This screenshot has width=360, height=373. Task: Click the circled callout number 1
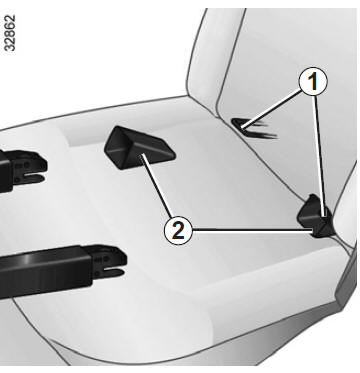pyautogui.click(x=313, y=82)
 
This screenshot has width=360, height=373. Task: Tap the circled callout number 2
pyautogui.click(x=178, y=230)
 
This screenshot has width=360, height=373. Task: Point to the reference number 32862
pyautogui.click(x=10, y=33)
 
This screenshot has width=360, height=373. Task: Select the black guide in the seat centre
pyautogui.click(x=140, y=147)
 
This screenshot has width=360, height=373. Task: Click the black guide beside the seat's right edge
pyautogui.click(x=315, y=216)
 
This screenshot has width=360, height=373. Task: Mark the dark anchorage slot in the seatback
pyautogui.click(x=254, y=128)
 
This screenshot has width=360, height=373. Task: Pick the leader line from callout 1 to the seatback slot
pyautogui.click(x=272, y=109)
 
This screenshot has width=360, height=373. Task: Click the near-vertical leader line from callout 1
pyautogui.click(x=319, y=156)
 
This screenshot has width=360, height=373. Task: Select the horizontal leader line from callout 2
pyautogui.click(x=253, y=230)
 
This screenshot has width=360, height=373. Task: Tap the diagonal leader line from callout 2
pyautogui.click(x=157, y=186)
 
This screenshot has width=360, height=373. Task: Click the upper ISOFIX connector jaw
pyautogui.click(x=28, y=168)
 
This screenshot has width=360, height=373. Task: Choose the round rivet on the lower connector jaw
pyautogui.click(x=105, y=259)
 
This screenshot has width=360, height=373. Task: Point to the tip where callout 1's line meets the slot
pyautogui.click(x=243, y=127)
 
